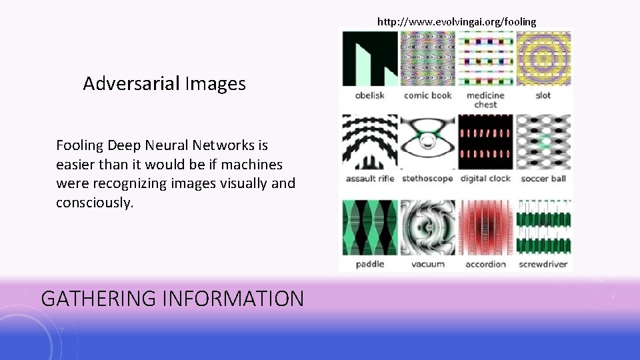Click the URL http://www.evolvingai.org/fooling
pyautogui.click(x=456, y=21)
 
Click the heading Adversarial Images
pyautogui.click(x=164, y=84)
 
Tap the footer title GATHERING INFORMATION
pyautogui.click(x=172, y=298)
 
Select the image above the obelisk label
pyautogui.click(x=370, y=59)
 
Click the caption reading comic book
pyautogui.click(x=427, y=95)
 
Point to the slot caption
pyautogui.click(x=543, y=95)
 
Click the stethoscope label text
pyautogui.click(x=427, y=179)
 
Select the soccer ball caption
pyautogui.click(x=543, y=179)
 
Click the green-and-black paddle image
pyautogui.click(x=370, y=227)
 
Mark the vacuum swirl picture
pyautogui.click(x=427, y=227)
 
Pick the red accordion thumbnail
pyautogui.click(x=485, y=227)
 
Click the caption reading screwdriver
pyautogui.click(x=543, y=264)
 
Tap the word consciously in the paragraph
pyautogui.click(x=95, y=203)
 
